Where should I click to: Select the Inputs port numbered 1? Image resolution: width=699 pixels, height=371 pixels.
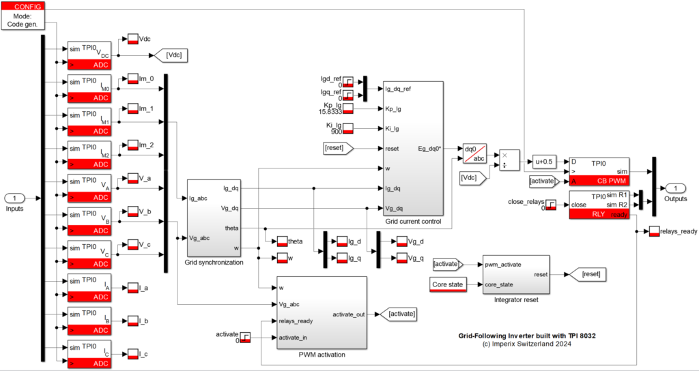[x=14, y=198]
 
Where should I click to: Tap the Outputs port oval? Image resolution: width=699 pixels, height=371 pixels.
[x=675, y=188]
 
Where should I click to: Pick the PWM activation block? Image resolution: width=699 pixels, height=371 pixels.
[x=322, y=312]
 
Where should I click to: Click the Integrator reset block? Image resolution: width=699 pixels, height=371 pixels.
[x=515, y=274]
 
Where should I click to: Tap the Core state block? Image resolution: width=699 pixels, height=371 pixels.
[x=448, y=284]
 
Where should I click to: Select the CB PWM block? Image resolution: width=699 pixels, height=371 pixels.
[x=599, y=172]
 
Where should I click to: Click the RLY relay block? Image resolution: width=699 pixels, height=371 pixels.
[x=599, y=205]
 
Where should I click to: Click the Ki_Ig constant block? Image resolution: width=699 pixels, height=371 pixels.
[x=348, y=128]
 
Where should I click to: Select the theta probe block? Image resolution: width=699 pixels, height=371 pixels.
[x=282, y=241]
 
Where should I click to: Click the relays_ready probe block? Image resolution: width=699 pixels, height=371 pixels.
[x=654, y=231]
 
